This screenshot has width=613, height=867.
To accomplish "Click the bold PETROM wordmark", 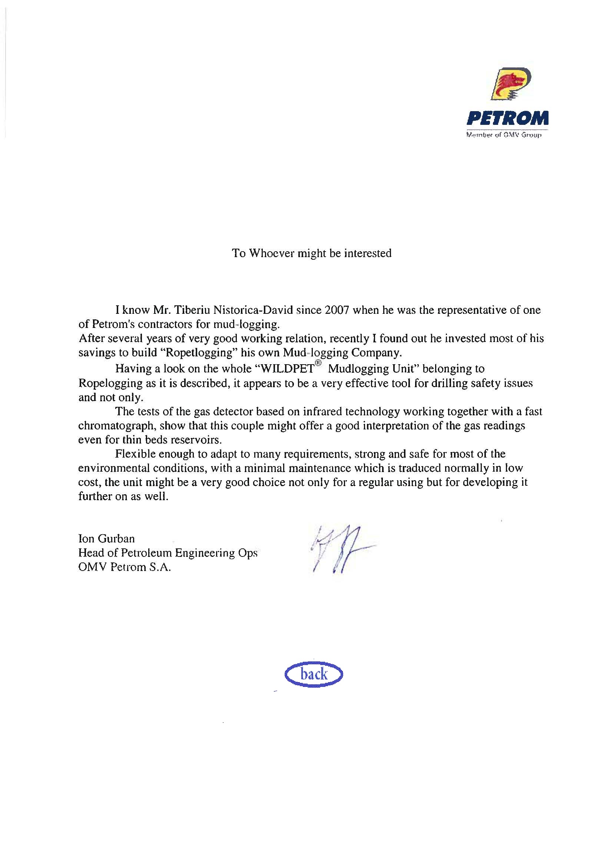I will click(x=507, y=119).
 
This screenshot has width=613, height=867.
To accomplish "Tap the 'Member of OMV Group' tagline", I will click(x=504, y=135).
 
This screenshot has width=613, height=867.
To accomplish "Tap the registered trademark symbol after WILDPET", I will click(x=318, y=363).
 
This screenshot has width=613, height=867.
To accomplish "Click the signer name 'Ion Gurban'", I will click(x=106, y=538).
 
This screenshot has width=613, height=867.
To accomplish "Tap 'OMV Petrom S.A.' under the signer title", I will click(x=125, y=567).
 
